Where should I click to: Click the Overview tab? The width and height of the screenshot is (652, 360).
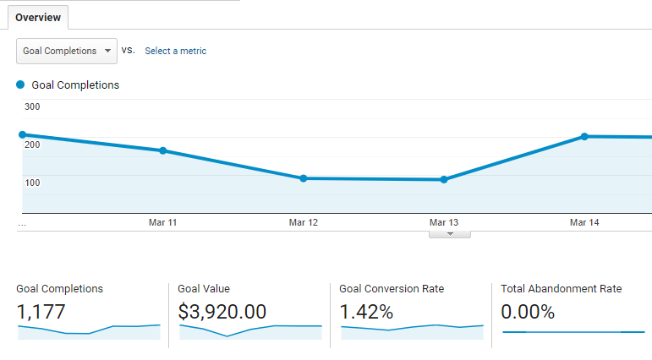(x=37, y=17)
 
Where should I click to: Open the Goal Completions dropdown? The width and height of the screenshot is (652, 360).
(x=67, y=51)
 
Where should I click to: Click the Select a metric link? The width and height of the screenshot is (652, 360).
(x=175, y=51)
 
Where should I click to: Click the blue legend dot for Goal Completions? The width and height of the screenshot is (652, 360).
(x=20, y=85)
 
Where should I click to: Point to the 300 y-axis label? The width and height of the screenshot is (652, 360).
(x=32, y=106)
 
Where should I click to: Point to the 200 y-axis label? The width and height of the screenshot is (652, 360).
(x=32, y=145)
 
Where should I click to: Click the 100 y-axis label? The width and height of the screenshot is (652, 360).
(x=32, y=183)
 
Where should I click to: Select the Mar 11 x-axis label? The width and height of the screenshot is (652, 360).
(x=162, y=222)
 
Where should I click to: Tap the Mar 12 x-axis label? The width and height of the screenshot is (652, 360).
(x=303, y=222)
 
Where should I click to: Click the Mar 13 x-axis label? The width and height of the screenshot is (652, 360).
(x=444, y=222)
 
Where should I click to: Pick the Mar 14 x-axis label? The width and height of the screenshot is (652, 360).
(x=584, y=222)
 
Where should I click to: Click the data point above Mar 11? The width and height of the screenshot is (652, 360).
(x=162, y=150)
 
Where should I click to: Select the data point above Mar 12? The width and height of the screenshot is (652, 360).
(x=303, y=178)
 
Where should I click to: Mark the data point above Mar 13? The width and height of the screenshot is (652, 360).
(x=444, y=179)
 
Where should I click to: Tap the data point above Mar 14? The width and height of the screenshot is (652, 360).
(x=584, y=136)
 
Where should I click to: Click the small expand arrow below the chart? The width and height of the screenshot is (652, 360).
(x=450, y=233)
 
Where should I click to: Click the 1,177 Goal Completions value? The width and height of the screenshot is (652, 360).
(x=41, y=312)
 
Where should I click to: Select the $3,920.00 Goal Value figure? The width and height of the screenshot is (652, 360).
(x=222, y=312)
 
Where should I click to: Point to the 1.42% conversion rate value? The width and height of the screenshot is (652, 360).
(x=366, y=312)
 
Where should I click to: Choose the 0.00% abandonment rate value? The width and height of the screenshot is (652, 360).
(x=528, y=312)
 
